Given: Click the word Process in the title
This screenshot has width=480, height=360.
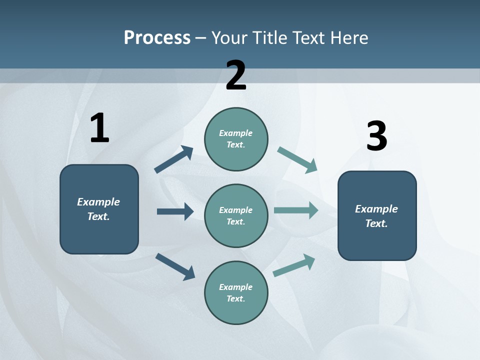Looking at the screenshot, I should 157,37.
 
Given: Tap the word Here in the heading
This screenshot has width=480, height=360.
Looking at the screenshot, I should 347,37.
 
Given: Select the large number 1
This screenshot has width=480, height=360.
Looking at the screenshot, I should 99,128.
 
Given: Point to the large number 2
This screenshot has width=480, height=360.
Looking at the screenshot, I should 236,75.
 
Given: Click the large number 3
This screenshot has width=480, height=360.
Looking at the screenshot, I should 376,136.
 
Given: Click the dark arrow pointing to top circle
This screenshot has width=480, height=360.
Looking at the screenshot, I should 174,159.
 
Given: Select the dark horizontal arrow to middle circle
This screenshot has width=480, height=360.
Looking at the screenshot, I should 175,211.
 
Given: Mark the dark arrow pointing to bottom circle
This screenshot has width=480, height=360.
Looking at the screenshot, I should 175,266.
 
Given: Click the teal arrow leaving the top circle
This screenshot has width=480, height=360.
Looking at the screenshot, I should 297,160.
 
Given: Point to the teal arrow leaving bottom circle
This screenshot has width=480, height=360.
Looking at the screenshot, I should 294,265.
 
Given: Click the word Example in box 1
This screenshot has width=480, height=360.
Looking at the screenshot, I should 98,202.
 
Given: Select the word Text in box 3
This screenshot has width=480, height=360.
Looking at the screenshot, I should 376,223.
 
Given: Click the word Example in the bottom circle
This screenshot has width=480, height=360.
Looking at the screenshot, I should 235,287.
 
